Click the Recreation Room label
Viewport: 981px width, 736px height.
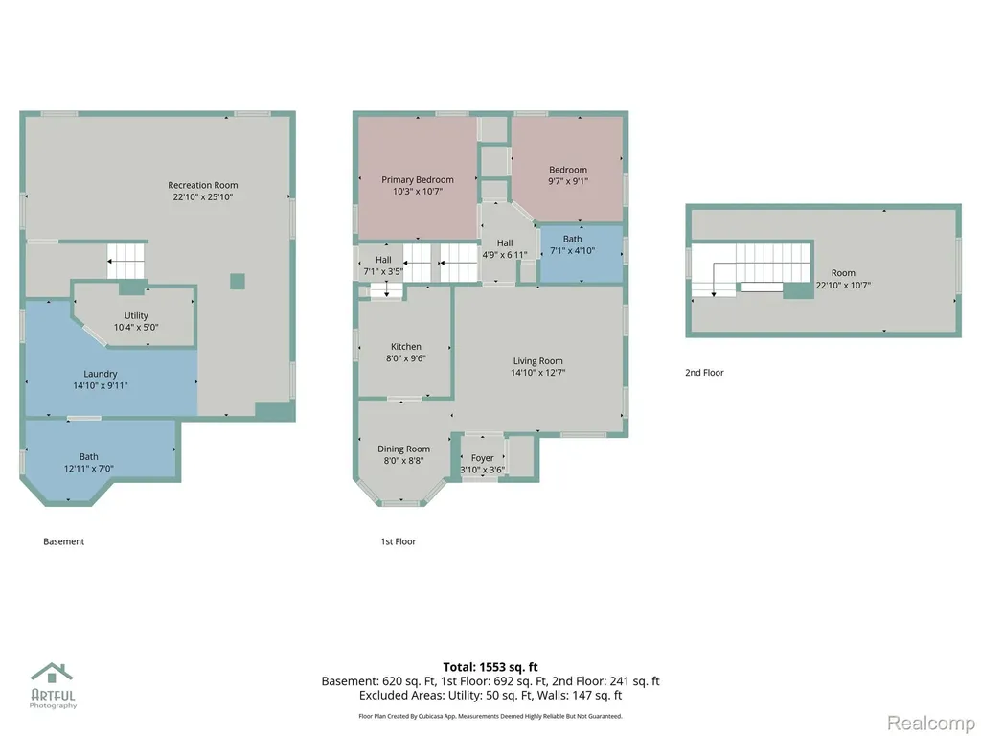click(x=203, y=185)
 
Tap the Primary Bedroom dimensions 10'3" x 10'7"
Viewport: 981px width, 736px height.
click(x=418, y=192)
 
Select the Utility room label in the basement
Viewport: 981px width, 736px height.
click(x=136, y=315)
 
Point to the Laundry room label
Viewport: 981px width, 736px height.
click(x=100, y=374)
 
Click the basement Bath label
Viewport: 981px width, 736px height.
click(x=89, y=457)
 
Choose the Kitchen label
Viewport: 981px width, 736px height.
click(x=406, y=347)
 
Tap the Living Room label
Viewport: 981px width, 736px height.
click(x=538, y=361)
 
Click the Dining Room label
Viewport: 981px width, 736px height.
click(x=403, y=448)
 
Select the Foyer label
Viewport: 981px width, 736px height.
click(x=483, y=458)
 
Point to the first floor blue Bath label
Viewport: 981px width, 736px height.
click(x=573, y=239)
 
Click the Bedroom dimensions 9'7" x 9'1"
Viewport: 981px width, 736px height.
click(x=568, y=181)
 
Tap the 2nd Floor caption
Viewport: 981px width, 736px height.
click(x=704, y=373)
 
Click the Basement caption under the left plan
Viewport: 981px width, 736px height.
click(x=64, y=542)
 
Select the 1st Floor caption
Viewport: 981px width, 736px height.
click(x=399, y=542)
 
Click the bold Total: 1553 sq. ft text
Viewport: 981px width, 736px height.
click(x=490, y=667)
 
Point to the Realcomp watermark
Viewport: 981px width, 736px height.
click(x=931, y=724)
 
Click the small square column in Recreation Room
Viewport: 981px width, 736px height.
click(x=238, y=281)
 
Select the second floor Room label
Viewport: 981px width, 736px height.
click(x=843, y=273)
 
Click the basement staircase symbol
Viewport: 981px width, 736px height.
click(x=125, y=261)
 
